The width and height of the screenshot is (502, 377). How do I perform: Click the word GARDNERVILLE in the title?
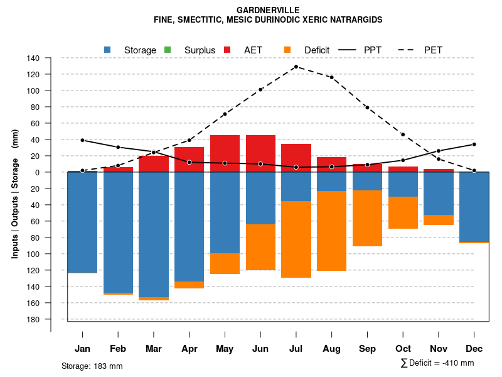point(268,10)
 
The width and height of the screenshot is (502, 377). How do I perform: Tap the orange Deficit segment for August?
point(331,231)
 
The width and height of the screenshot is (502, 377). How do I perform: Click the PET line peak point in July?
point(296,67)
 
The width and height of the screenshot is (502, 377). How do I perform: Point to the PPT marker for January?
point(82,140)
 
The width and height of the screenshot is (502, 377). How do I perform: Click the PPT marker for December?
point(474,145)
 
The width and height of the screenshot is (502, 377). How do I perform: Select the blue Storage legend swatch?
point(107,50)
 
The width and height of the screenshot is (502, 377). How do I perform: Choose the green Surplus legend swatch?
point(167,50)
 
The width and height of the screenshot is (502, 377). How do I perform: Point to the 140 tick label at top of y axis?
point(33,58)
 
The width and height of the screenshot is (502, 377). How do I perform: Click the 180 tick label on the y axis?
point(33,320)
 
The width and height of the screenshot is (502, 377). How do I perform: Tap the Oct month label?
point(403,349)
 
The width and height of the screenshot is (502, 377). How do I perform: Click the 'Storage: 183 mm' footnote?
point(92,366)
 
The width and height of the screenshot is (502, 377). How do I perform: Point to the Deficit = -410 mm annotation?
point(437,363)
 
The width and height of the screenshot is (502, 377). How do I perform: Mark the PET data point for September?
point(367,107)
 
